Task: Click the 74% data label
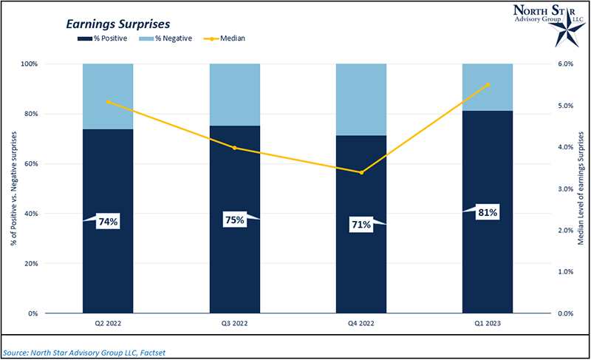point(109,221)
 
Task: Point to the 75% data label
point(234,220)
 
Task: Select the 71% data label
point(361,224)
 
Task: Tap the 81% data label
point(487,213)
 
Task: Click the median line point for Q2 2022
point(108,101)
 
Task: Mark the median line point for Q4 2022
point(361,172)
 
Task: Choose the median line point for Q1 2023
point(488,84)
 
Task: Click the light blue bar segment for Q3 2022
point(234,95)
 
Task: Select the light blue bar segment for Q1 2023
point(488,87)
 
